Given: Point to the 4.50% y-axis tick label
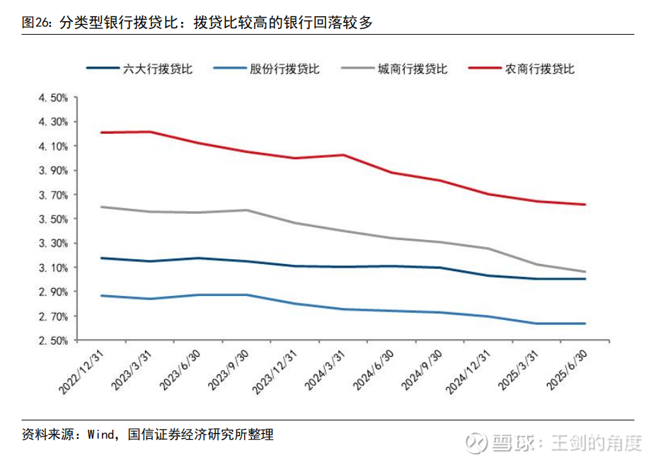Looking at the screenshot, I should point(52,98).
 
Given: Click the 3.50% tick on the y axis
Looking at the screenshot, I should point(52,219).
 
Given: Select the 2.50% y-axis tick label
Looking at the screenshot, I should point(52,341).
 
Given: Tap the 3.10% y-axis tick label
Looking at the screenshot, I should point(52,268).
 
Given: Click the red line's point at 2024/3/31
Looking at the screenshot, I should point(343,154).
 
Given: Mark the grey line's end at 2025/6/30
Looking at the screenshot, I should point(585,272).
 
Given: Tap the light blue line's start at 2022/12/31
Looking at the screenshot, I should point(102,295).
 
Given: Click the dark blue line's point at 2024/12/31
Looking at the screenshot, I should point(488,275).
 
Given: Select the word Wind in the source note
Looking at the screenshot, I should point(101,435).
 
